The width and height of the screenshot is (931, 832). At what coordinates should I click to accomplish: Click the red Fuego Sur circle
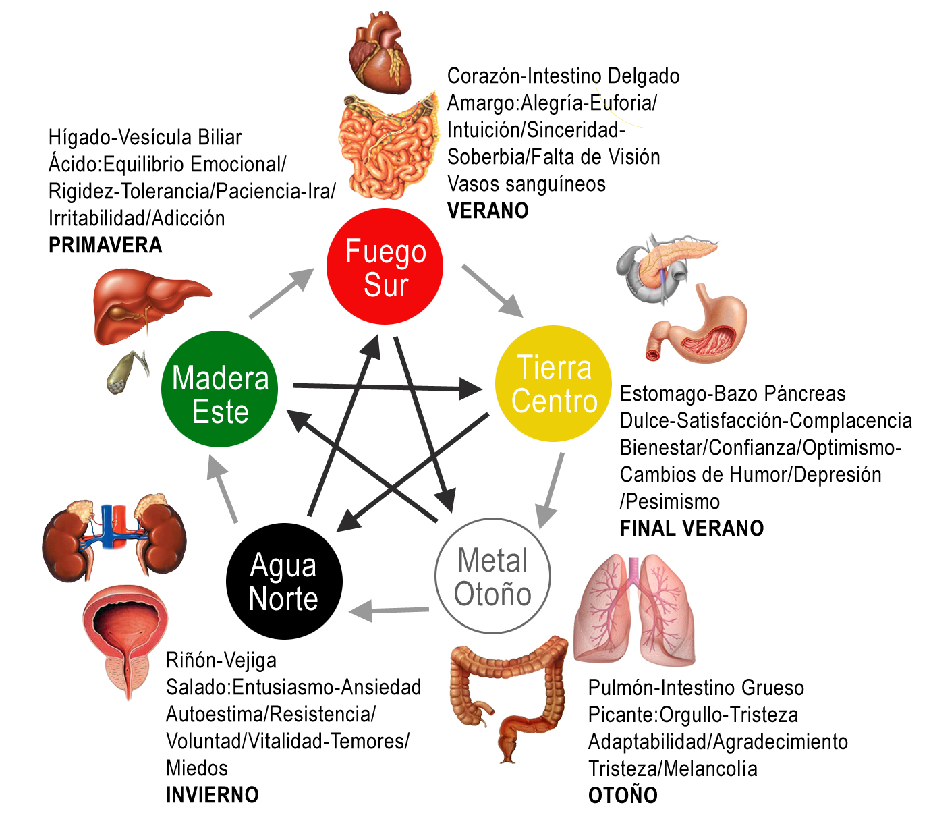click(x=385, y=267)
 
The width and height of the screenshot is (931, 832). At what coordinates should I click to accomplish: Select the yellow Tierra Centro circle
click(x=554, y=384)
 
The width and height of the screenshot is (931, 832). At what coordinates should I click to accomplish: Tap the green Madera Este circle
click(x=220, y=389)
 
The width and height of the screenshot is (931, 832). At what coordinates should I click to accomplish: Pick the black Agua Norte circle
click(x=284, y=581)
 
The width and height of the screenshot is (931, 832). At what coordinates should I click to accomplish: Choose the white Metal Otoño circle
click(x=493, y=576)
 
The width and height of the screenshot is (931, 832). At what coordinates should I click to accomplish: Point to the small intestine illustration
click(x=386, y=145)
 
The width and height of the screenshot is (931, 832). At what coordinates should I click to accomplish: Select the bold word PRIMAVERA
click(x=105, y=245)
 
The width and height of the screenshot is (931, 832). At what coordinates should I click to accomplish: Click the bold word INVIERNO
click(x=212, y=795)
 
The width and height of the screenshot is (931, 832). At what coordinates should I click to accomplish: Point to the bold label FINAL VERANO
click(x=692, y=528)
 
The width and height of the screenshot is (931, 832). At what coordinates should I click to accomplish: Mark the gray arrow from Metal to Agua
click(x=389, y=611)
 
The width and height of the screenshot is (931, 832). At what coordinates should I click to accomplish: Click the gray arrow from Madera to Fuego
click(x=281, y=294)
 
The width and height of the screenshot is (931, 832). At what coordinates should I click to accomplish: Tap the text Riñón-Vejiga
click(x=221, y=660)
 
